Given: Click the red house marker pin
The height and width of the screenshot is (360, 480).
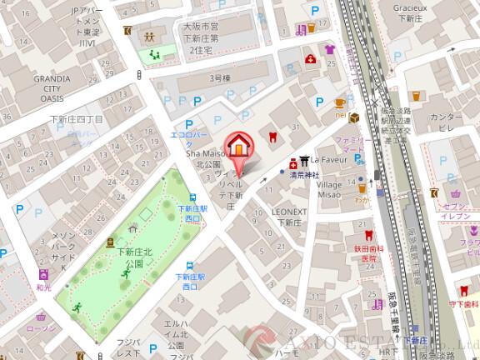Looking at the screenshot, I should pos(238,147).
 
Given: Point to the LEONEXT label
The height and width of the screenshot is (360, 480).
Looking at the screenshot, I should pos(290,212).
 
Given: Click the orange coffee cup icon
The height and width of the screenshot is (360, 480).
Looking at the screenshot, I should pos(339,102).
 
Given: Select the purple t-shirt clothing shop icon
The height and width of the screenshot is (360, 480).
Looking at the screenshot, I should pos(329,50).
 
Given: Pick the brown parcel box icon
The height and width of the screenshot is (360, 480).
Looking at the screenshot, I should pos(354,117).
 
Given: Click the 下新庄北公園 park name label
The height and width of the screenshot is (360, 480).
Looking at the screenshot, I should pos(134,257).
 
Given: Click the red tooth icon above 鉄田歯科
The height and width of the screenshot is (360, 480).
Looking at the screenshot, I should pos(364,236).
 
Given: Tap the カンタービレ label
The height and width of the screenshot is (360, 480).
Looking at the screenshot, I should pos(447,122).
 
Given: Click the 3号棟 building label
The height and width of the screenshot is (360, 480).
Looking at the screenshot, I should pos(219,78).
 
